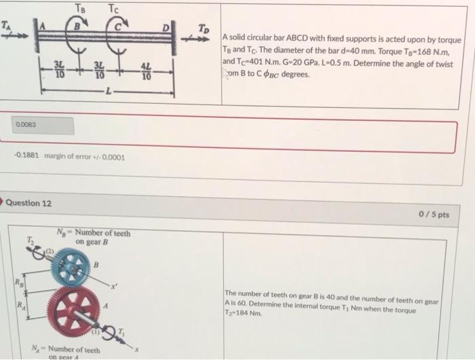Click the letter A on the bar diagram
[x=46, y=26]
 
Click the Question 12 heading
[x=31, y=203]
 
